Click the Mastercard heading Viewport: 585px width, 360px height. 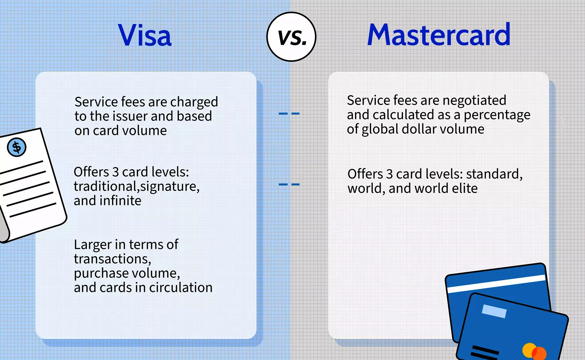[439, 34]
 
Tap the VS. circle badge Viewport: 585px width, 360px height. [291, 37]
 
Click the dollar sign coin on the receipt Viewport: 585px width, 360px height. [17, 147]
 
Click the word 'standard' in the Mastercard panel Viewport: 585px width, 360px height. [494, 174]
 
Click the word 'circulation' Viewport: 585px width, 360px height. [181, 287]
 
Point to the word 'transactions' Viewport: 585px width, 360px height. [112, 259]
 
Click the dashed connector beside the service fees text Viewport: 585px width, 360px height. [289, 113]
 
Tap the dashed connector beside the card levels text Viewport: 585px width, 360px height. [289, 184]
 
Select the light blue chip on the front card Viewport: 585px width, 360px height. [494, 311]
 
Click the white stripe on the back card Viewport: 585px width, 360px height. [496, 284]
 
